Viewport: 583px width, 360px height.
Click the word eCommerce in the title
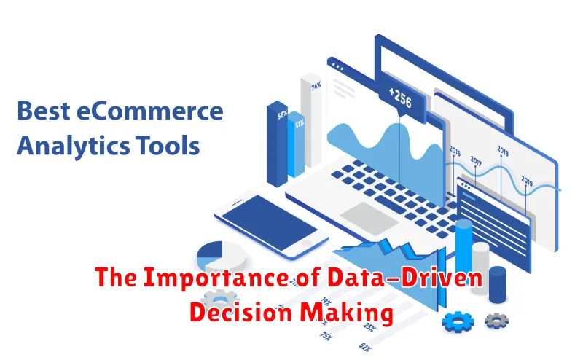pyautogui.click(x=150, y=111)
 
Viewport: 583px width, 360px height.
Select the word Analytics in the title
pyautogui.click(x=74, y=146)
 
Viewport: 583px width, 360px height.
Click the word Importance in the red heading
pyautogui.click(x=216, y=278)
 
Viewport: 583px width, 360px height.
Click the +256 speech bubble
pyautogui.click(x=402, y=101)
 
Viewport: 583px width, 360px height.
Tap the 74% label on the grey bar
pyautogui.click(x=316, y=87)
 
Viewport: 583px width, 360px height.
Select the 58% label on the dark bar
pyautogui.click(x=282, y=115)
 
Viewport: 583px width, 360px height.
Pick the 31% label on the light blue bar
pyautogui.click(x=300, y=123)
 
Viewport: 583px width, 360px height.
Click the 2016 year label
pyautogui.click(x=455, y=151)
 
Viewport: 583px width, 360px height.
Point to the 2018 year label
pyautogui.click(x=503, y=151)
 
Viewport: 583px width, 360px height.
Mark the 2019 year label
pyautogui.click(x=527, y=181)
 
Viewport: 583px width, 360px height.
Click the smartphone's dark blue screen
pyautogui.click(x=269, y=222)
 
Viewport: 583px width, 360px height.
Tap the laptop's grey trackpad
pyautogui.click(x=369, y=219)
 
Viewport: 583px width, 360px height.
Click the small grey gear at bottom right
pyautogui.click(x=496, y=321)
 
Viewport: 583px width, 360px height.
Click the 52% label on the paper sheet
pyautogui.click(x=365, y=348)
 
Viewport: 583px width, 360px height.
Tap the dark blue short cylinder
pyautogui.click(x=498, y=284)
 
